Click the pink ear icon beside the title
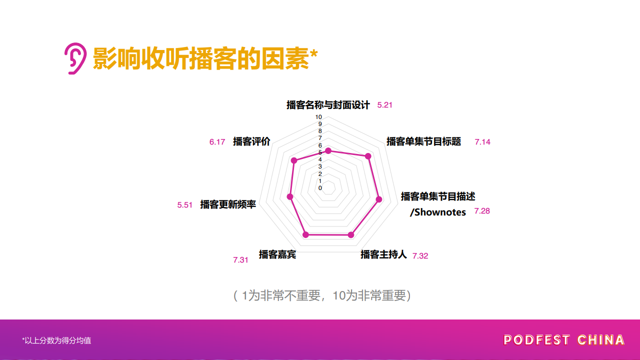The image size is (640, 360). click(x=75, y=58)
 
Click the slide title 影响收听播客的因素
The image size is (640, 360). click(x=201, y=58)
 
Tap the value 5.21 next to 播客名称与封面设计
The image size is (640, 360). click(x=384, y=105)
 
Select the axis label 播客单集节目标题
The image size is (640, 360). click(x=423, y=141)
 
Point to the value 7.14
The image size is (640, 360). click(x=482, y=142)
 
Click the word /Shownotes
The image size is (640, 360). click(x=437, y=212)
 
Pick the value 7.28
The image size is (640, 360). click(x=482, y=211)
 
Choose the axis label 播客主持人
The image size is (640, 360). click(x=383, y=254)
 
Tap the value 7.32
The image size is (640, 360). click(x=420, y=256)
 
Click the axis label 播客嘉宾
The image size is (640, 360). click(x=277, y=254)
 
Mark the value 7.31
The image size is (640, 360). click(x=240, y=260)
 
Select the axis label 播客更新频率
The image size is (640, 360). click(x=228, y=204)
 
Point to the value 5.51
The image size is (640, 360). click(x=184, y=205)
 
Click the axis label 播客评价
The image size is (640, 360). click(x=251, y=141)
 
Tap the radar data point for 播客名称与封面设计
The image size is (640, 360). click(x=328, y=151)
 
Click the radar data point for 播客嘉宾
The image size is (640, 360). click(x=305, y=235)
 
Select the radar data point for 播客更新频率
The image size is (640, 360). click(x=290, y=196)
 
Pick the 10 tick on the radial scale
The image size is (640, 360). click(x=318, y=117)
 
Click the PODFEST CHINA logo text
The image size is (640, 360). click(x=563, y=340)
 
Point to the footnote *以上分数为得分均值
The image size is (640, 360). click(x=56, y=340)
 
